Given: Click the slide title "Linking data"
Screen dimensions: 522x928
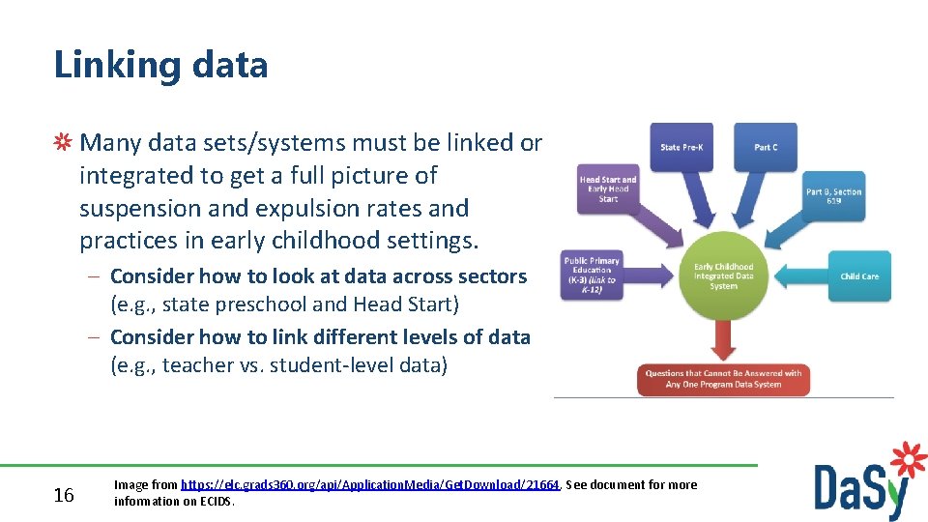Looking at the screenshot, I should pos(160,65).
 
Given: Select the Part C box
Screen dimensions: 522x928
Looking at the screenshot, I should pos(765,147).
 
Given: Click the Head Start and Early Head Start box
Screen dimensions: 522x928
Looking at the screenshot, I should pos(608,188).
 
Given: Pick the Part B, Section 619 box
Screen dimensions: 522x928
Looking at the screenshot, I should pos(834,196).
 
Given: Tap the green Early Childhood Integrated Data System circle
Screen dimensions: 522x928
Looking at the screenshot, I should pos(723,275).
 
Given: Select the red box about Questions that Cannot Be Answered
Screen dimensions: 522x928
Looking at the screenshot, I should pos(723,378).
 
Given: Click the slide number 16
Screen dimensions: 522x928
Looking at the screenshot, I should pos(64,496).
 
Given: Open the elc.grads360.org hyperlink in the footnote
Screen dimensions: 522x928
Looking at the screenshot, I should pos(371,485).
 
